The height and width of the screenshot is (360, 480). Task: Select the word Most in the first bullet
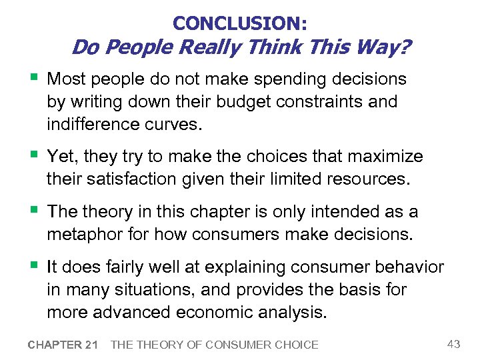pyautogui.click(x=67, y=79)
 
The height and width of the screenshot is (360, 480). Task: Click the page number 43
pyautogui.click(x=454, y=344)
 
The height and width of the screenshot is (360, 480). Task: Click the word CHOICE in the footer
pyautogui.click(x=295, y=345)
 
